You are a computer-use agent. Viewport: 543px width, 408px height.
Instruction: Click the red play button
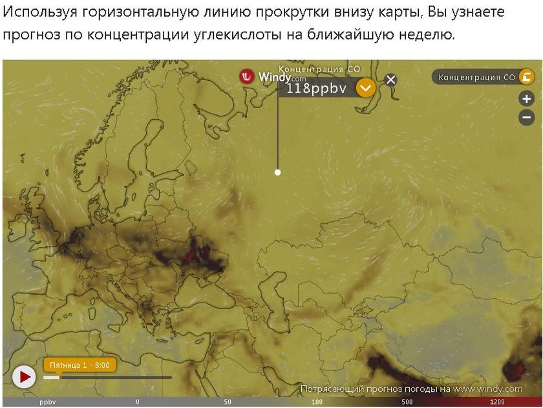click(24, 376)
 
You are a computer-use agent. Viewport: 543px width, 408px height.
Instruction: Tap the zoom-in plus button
click(527, 99)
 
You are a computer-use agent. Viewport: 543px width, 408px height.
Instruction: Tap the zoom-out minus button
click(527, 118)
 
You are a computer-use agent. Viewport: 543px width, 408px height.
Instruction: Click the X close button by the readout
click(390, 80)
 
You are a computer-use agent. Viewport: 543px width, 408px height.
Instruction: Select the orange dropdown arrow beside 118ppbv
click(366, 87)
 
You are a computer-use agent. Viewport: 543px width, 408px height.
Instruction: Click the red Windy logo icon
click(247, 76)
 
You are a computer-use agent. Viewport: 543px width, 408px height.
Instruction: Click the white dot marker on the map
click(277, 172)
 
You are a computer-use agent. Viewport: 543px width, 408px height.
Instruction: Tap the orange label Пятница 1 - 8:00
click(80, 365)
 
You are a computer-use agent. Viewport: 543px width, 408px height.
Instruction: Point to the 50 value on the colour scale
click(227, 402)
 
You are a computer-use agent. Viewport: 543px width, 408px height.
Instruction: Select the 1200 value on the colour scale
click(497, 402)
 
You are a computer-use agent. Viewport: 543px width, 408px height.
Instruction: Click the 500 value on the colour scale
click(407, 402)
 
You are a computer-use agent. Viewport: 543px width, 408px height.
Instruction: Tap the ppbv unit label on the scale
click(48, 402)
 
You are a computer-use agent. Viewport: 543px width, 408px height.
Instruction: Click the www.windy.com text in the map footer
click(487, 389)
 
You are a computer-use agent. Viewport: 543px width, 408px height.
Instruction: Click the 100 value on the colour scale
click(317, 402)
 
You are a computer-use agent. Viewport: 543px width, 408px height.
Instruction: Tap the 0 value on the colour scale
click(137, 402)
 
